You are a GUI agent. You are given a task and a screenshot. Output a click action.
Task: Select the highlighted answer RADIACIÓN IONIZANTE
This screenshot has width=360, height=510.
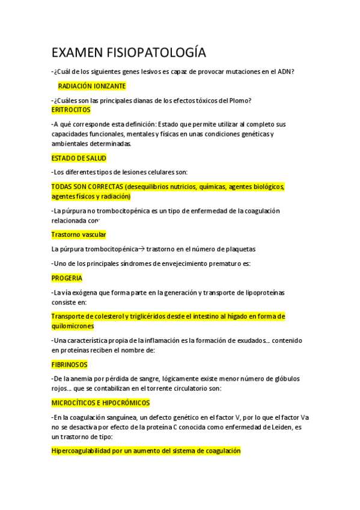[x=92, y=87]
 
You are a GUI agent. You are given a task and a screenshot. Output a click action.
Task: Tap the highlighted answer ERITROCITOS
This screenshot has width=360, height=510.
[x=71, y=110]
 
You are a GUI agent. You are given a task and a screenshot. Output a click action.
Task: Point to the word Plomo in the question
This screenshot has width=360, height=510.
[x=237, y=100]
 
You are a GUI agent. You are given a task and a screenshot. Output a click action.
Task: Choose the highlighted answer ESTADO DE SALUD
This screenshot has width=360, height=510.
[x=79, y=158]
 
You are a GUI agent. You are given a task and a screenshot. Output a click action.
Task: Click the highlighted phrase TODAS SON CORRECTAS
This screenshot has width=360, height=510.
[x=87, y=187]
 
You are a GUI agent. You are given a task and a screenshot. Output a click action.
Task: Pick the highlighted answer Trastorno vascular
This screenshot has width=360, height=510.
[x=79, y=235]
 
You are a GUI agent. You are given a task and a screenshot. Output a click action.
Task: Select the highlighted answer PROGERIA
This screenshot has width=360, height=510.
[x=67, y=278]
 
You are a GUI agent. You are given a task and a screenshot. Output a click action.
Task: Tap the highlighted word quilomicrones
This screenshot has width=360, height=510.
[x=73, y=326]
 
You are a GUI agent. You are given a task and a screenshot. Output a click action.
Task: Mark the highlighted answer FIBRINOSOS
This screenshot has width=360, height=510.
[x=70, y=364]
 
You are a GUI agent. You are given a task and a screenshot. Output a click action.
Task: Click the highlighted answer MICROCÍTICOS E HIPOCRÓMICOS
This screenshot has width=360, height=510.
[x=100, y=403]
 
